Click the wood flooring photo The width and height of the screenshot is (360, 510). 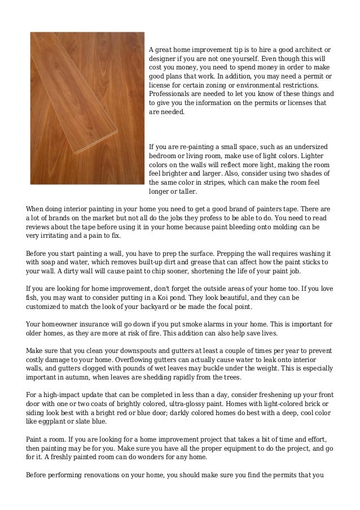(87, 108)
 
